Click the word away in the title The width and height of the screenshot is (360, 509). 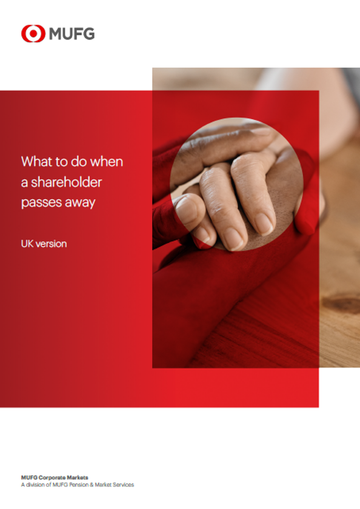click(x=79, y=202)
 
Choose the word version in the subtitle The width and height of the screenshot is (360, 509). click(x=52, y=244)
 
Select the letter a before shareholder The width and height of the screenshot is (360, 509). click(x=24, y=182)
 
